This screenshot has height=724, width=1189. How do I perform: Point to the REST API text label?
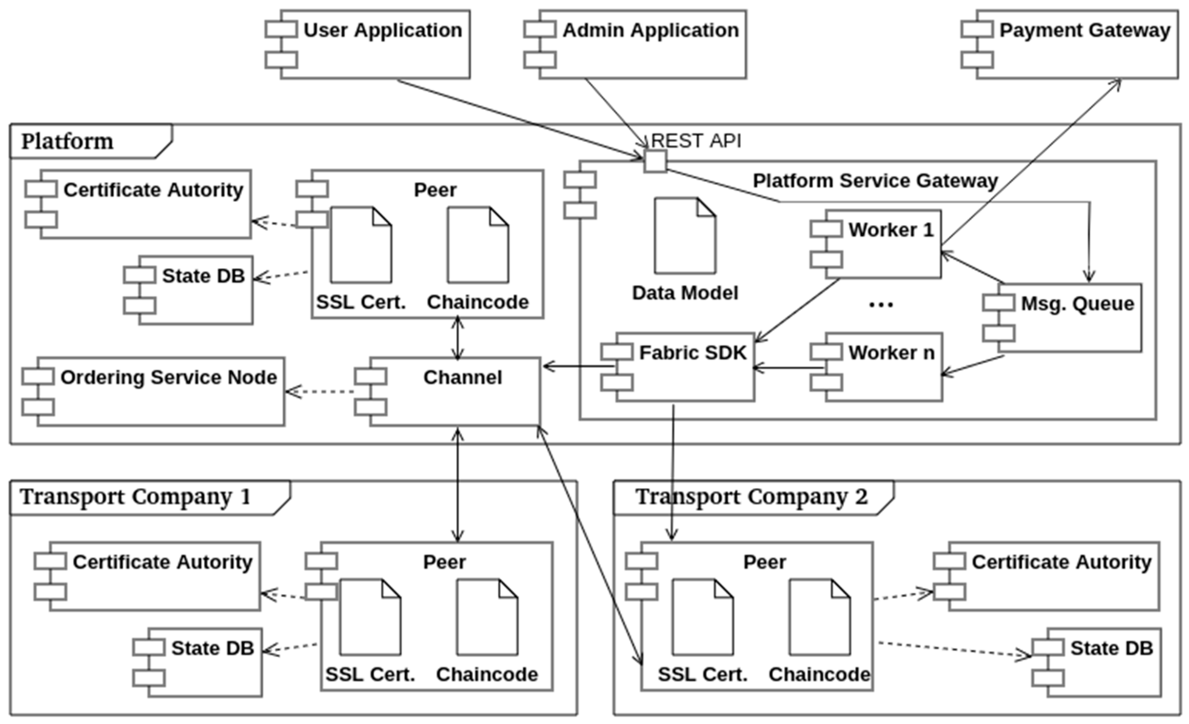696,141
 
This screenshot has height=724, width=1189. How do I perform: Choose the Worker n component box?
883,367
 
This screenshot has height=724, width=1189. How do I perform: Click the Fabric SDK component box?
685,367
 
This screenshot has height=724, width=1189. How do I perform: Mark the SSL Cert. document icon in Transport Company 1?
370,617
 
